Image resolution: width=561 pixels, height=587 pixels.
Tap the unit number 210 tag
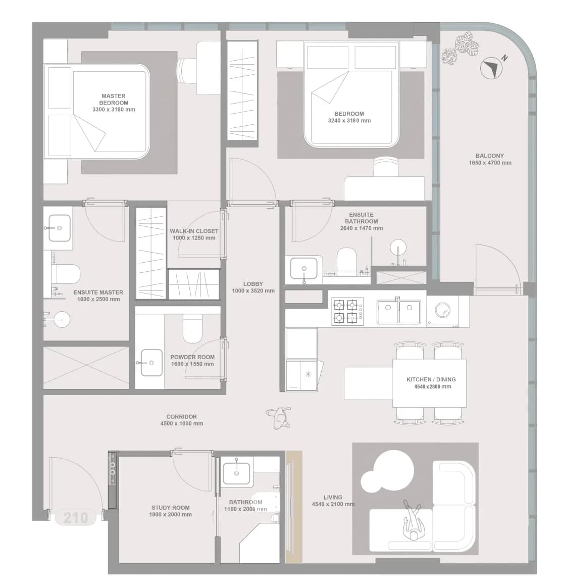click(76, 518)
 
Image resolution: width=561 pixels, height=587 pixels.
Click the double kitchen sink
click(399, 312)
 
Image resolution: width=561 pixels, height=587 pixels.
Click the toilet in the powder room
click(193, 328)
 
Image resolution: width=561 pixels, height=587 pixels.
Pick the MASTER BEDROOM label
click(114, 99)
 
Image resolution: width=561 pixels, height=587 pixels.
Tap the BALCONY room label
click(489, 156)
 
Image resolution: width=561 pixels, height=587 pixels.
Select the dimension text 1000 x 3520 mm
click(253, 291)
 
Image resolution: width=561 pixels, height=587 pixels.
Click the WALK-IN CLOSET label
click(194, 231)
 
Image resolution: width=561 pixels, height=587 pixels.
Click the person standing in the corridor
click(279, 417)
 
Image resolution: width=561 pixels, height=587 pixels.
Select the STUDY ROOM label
click(170, 508)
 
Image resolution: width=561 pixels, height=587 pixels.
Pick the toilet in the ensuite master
click(66, 274)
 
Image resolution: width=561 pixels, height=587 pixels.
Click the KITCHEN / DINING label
click(431, 379)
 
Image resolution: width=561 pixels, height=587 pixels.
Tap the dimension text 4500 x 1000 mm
click(181, 423)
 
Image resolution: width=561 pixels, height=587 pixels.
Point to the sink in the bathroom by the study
click(236, 473)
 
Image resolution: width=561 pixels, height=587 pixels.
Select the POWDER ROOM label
click(192, 357)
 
